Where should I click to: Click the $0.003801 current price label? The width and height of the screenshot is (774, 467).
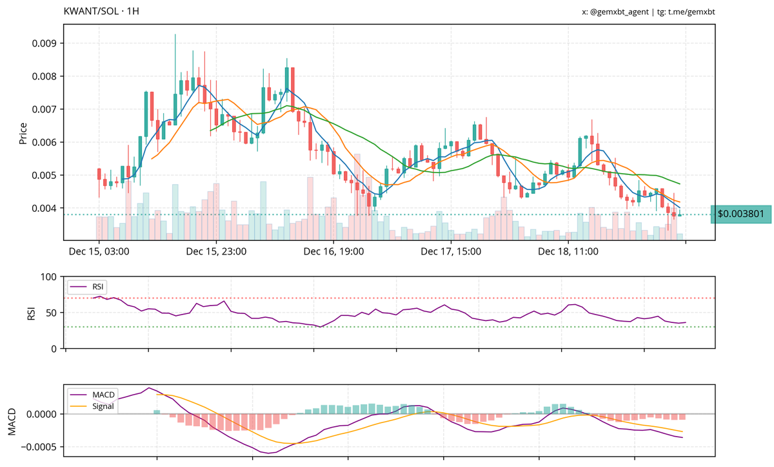pos(740,214)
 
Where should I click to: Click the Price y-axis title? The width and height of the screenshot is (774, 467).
pos(23,132)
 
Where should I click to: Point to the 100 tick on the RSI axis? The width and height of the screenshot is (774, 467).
pos(50,276)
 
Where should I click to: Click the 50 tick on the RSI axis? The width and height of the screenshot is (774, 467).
pos(52,313)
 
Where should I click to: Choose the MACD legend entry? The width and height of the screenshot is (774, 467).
pos(99,395)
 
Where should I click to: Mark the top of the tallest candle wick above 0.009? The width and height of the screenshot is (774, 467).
pos(175,34)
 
